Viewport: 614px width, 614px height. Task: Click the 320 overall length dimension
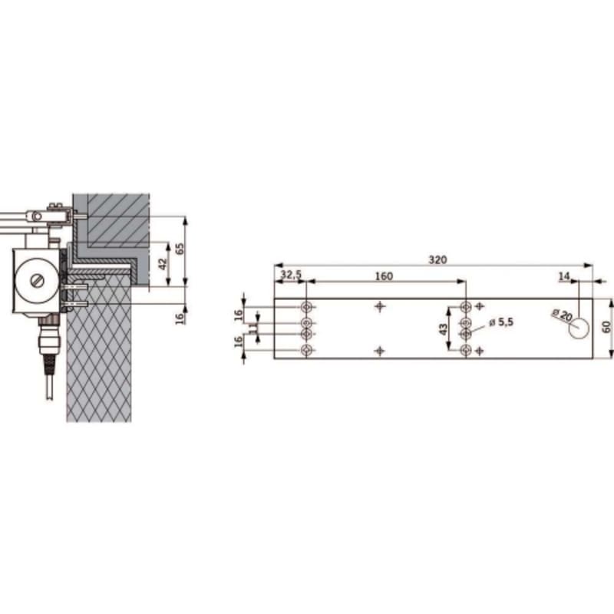click(437, 260)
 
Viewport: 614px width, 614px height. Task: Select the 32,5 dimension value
click(291, 275)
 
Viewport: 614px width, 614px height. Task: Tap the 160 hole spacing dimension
click(384, 276)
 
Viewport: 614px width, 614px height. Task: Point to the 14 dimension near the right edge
click(564, 276)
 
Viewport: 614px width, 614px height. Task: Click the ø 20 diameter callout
click(563, 315)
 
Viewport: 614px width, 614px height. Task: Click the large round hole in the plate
click(579, 328)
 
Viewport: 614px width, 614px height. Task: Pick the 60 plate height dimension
click(606, 327)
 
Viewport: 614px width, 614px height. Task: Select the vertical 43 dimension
click(444, 329)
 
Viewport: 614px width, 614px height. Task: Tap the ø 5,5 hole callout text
click(501, 322)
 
